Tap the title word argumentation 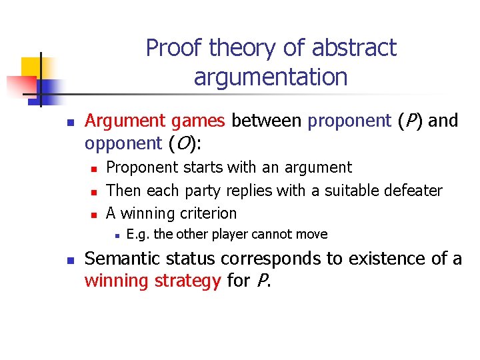pos(271,77)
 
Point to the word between pos(269,121)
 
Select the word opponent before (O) pos(123,143)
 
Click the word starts pos(202,168)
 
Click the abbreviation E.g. pos(137,234)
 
